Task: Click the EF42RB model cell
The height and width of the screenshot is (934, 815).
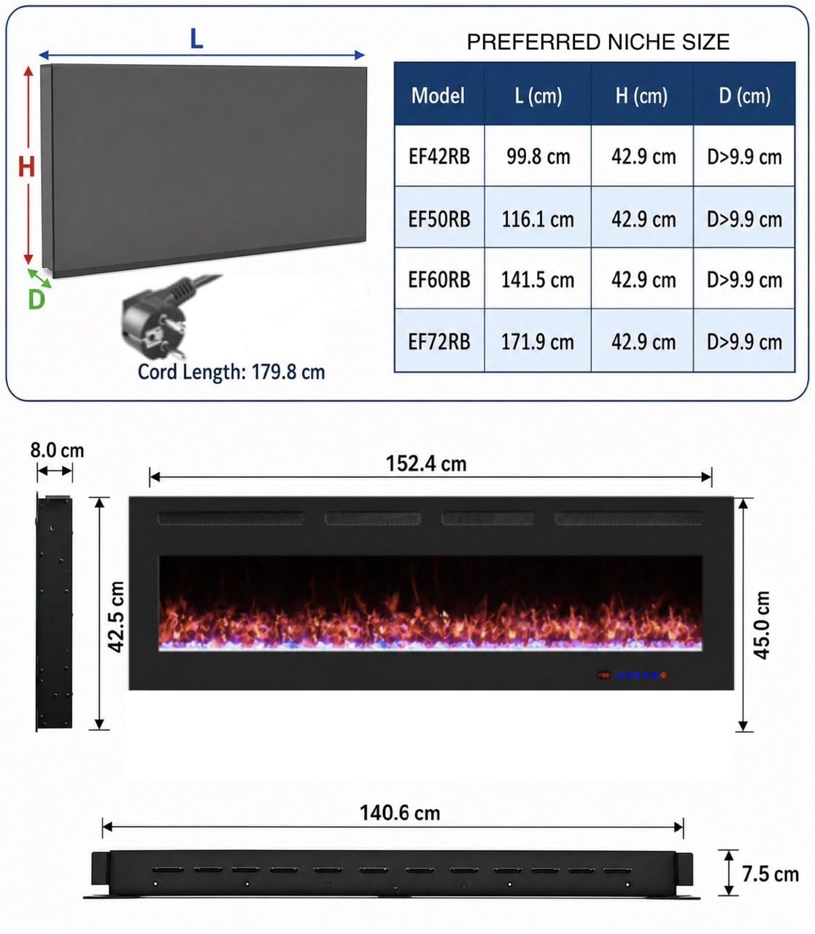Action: pos(439,157)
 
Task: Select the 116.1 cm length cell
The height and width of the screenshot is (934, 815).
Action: pos(538,220)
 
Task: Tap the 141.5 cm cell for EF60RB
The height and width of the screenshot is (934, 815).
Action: pos(538,279)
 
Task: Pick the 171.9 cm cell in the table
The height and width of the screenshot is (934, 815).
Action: pos(538,342)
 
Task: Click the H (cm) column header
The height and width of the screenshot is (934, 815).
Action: pos(641,96)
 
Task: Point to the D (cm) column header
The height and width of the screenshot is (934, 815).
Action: pos(745,96)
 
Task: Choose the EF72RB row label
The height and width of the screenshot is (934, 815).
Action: pos(439,342)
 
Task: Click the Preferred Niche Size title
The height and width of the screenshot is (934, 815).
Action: pos(598,42)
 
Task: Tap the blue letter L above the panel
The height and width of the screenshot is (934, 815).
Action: pos(196,39)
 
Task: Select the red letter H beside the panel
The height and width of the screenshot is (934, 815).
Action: pos(26,166)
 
